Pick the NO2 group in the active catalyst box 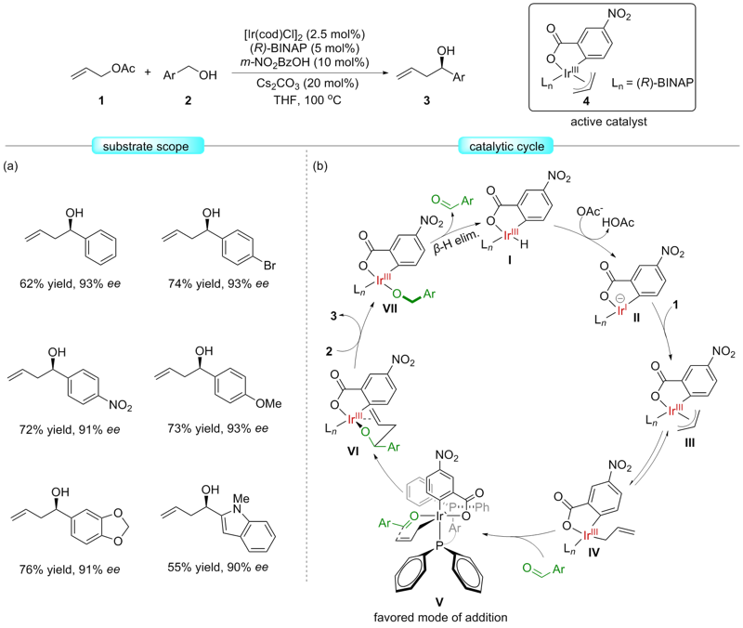(635, 14)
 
